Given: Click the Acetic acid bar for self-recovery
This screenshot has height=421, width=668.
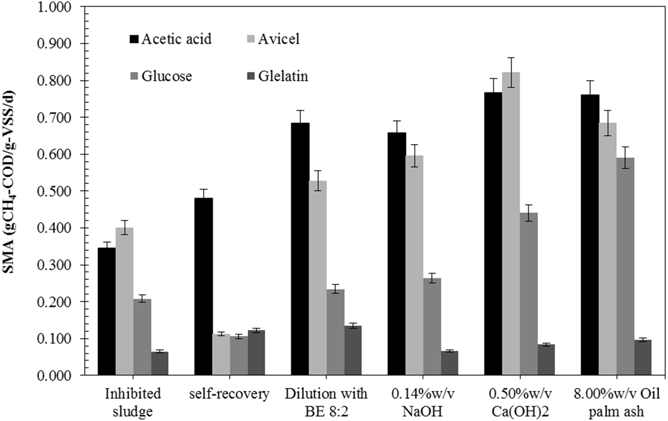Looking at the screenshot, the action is [x=204, y=286].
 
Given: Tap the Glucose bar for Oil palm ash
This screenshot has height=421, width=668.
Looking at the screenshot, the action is [x=625, y=266].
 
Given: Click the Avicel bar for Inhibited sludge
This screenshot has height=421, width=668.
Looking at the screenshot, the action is [x=125, y=301].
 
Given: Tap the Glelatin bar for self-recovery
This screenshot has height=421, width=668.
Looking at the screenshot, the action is [x=256, y=352].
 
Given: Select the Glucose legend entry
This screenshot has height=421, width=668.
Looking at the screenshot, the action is [x=166, y=76].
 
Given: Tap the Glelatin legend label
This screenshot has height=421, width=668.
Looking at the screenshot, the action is [x=283, y=76].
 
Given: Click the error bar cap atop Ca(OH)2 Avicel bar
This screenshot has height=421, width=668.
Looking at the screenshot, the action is [x=511, y=58].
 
